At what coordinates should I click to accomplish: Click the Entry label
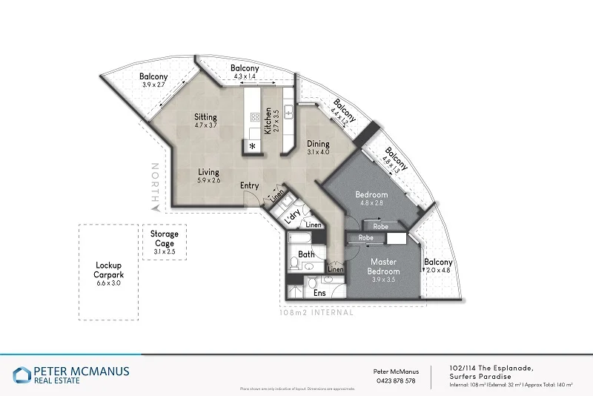click(x=249, y=185)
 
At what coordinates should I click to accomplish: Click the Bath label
click(x=306, y=254)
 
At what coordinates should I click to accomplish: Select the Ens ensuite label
click(x=319, y=293)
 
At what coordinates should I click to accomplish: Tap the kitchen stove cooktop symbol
click(x=255, y=116)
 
